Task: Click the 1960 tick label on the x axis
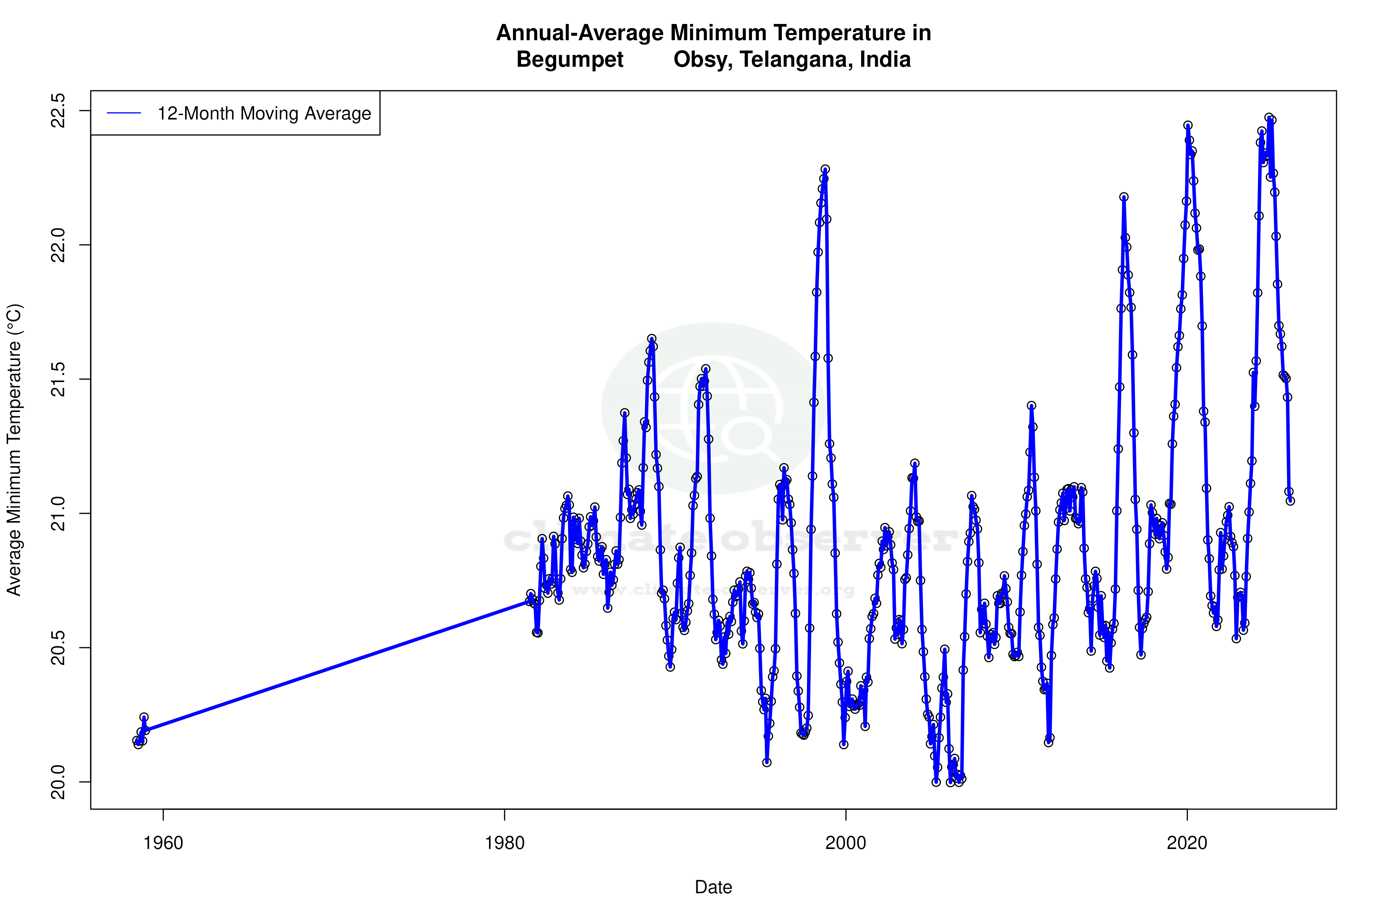coord(163,843)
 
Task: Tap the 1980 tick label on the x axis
coord(505,843)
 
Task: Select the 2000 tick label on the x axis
coord(846,843)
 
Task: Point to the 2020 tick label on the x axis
coord(1187,843)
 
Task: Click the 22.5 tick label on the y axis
coord(58,111)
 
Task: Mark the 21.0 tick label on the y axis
coord(58,513)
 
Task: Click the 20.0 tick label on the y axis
coord(58,782)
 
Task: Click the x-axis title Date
coord(713,887)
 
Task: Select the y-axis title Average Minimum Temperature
coord(14,450)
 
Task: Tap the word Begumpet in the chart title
coord(570,59)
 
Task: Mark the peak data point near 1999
coord(825,169)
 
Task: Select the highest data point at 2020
coord(1188,125)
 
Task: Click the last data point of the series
coord(1290,501)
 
